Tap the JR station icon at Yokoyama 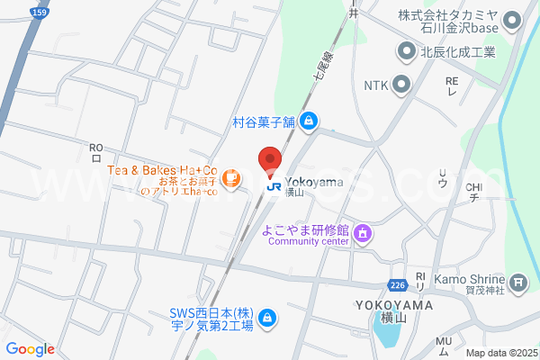pyautogui.click(x=273, y=185)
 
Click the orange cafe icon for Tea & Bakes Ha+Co pyautogui.click(x=232, y=179)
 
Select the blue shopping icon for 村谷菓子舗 pyautogui.click(x=308, y=120)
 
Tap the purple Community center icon pyautogui.click(x=363, y=234)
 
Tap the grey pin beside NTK pyautogui.click(x=400, y=85)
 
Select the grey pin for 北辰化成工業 pyautogui.click(x=408, y=52)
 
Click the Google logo pyautogui.click(x=30, y=349)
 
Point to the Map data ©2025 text pyautogui.click(x=501, y=353)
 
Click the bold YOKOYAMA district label pyautogui.click(x=394, y=305)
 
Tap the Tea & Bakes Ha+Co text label pyautogui.click(x=163, y=170)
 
